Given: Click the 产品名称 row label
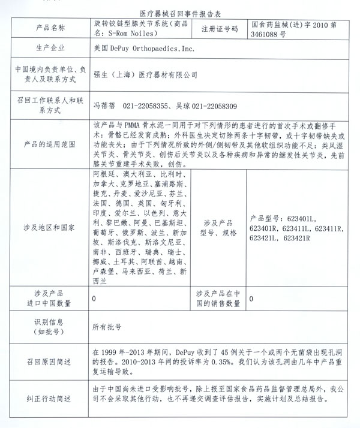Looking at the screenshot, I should [46, 28].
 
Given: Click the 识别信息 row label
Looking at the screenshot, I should [46, 327].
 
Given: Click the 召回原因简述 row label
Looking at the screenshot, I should [46, 363].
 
